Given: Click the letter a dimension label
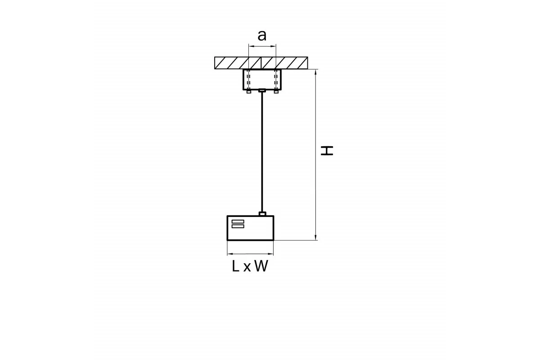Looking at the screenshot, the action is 262,36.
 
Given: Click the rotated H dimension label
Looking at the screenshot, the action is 327,150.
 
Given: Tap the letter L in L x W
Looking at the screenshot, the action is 235,266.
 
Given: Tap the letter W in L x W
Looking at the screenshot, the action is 261,266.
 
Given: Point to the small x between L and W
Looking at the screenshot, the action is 247,268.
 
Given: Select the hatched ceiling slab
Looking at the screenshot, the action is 261,63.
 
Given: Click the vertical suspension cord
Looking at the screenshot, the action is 262,152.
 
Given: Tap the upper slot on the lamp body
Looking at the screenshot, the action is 238,221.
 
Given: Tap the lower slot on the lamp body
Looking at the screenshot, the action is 238,226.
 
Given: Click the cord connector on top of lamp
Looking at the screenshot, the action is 262,214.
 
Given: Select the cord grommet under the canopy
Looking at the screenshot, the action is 262,90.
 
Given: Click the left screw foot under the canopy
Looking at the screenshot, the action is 249,92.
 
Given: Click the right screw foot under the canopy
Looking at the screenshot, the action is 276,92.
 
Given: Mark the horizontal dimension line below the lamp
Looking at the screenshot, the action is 250,254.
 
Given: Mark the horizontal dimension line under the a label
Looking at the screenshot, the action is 262,46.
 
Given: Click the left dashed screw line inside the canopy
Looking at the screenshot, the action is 248,80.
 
